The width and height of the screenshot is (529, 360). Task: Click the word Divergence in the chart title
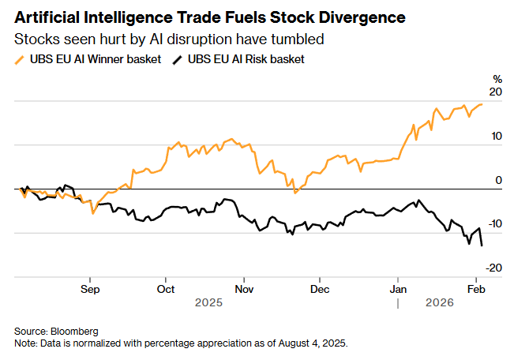[362, 17]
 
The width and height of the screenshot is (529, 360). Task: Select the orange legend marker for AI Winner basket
[20, 59]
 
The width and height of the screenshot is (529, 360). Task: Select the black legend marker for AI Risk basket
[177, 59]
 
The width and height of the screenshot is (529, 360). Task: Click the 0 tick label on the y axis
[498, 181]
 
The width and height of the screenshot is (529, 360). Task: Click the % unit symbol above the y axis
[497, 79]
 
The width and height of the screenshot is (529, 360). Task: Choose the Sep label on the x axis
[90, 289]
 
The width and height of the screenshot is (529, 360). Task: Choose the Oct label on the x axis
[166, 289]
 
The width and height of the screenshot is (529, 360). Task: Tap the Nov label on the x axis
[244, 289]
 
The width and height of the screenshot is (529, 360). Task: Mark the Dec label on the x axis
[320, 289]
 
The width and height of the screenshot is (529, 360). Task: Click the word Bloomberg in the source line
[75, 331]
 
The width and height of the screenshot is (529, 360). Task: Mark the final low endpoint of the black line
[482, 246]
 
